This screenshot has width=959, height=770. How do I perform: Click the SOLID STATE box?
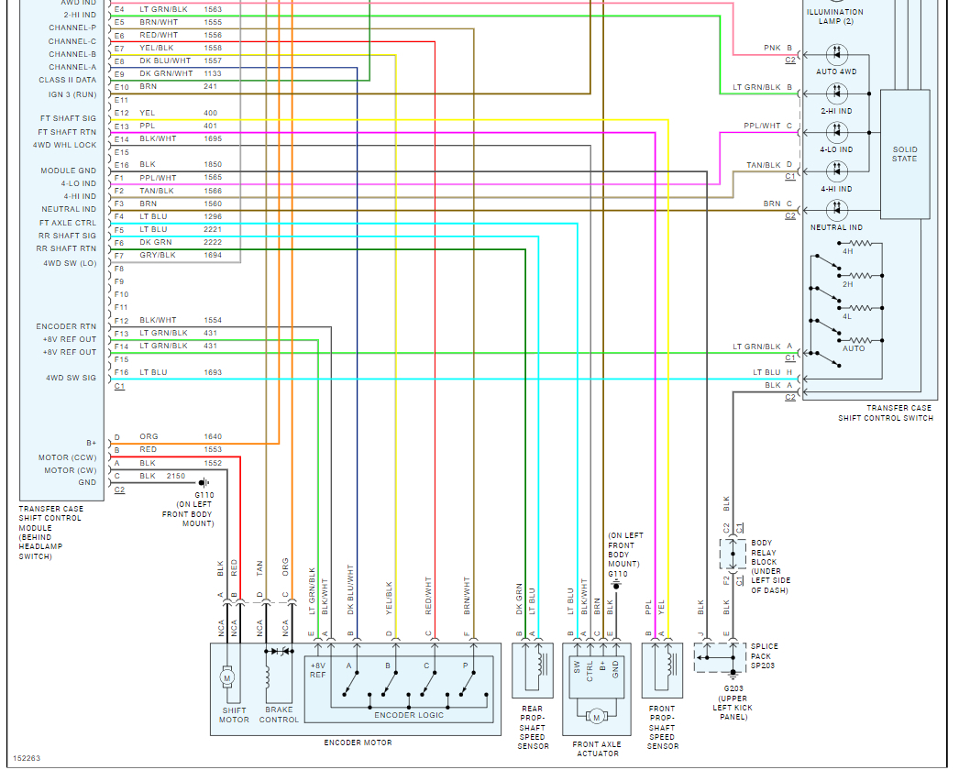pyautogui.click(x=905, y=154)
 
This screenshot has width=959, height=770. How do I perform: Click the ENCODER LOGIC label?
pyautogui.click(x=409, y=715)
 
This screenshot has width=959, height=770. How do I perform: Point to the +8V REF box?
pyautogui.click(x=317, y=670)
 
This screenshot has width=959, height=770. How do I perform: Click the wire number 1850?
pyautogui.click(x=212, y=165)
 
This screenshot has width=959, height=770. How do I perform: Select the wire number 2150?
pyautogui.click(x=176, y=477)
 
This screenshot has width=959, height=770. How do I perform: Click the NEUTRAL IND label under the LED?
pyautogui.click(x=835, y=227)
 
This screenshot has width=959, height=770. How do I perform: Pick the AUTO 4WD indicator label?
pyautogui.click(x=835, y=71)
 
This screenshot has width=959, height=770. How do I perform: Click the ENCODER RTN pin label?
pyautogui.click(x=66, y=326)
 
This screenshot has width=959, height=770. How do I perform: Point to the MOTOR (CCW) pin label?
pyautogui.click(x=67, y=457)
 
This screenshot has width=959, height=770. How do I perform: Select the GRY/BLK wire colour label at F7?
pyautogui.click(x=157, y=255)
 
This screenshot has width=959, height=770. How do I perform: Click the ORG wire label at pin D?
pyautogui.click(x=149, y=436)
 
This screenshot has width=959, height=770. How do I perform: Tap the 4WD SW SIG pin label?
pyautogui.click(x=71, y=378)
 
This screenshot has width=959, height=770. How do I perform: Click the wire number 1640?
pyautogui.click(x=212, y=436)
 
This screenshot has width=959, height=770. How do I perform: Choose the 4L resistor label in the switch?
pyautogui.click(x=847, y=316)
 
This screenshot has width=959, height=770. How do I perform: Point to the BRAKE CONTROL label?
pyautogui.click(x=279, y=715)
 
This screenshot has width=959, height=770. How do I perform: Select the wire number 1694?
pyautogui.click(x=212, y=255)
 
